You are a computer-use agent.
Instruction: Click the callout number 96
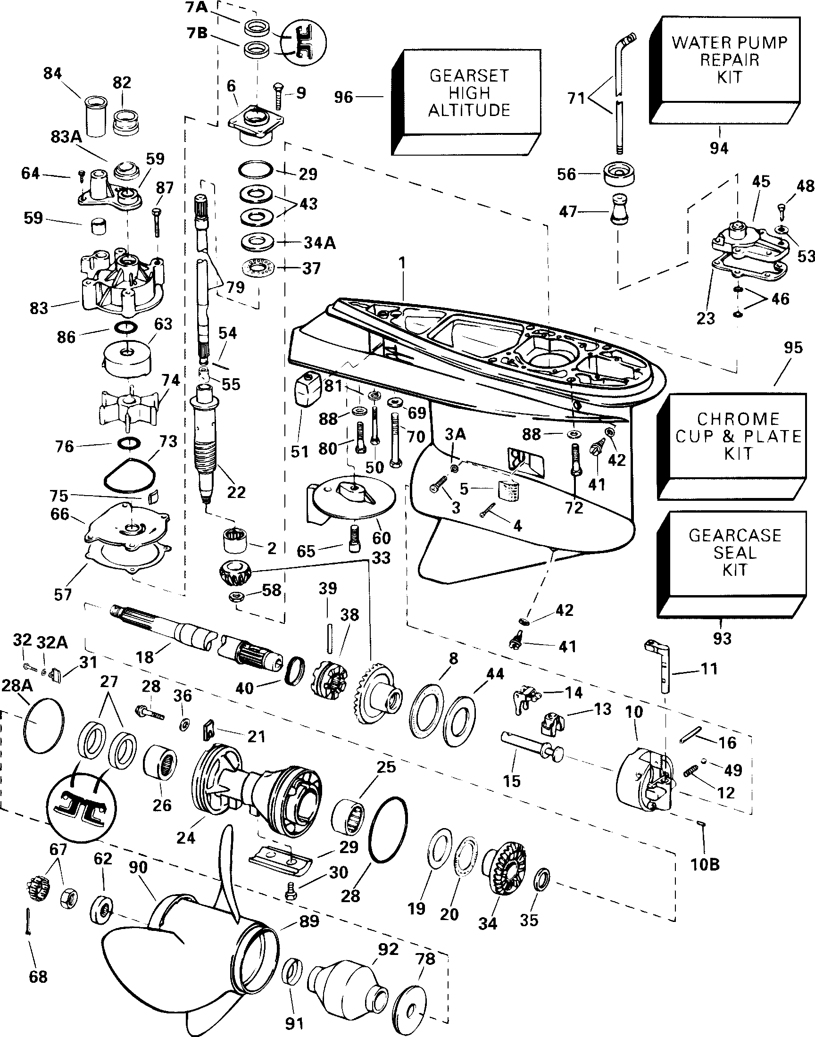pos(343,97)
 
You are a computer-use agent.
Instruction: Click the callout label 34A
pos(320,243)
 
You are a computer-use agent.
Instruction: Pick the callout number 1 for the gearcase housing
pos(402,263)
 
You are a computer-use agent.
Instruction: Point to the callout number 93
pos(722,638)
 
